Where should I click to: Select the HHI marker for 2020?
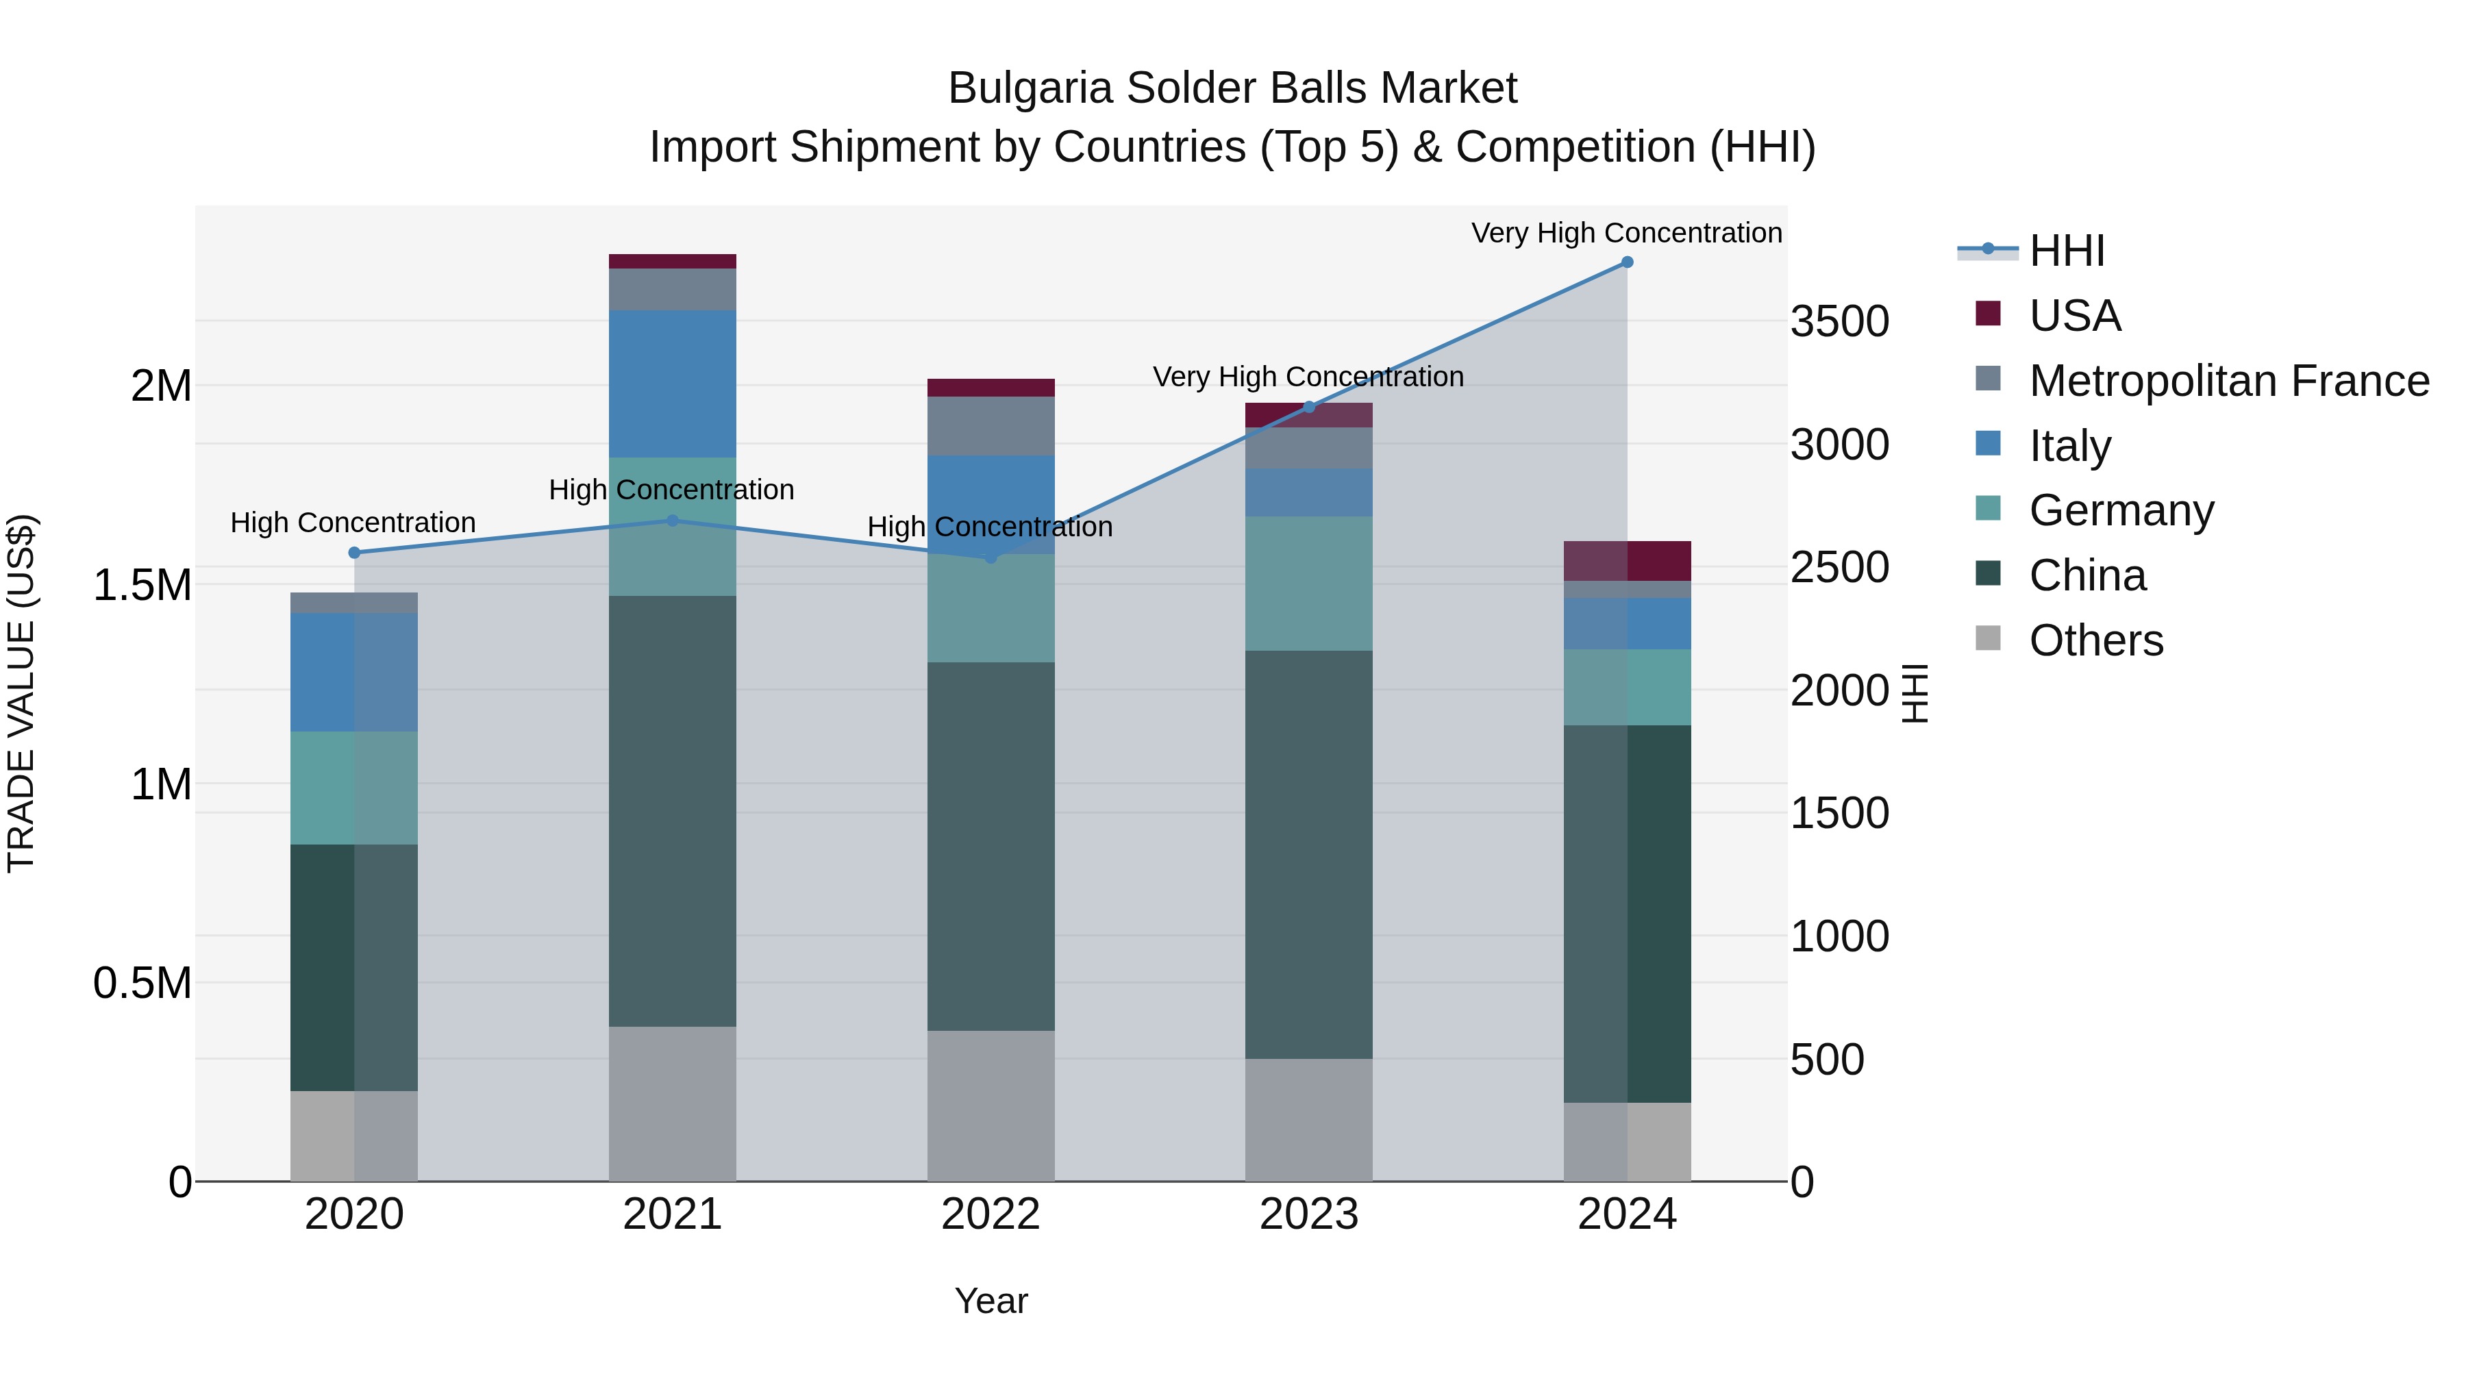tap(354, 552)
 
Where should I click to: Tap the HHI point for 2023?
tap(1308, 407)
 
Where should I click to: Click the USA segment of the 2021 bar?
tap(672, 262)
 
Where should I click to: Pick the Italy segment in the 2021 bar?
tap(672, 383)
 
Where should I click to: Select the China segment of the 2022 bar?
tap(991, 846)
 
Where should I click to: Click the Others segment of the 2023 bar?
tap(1308, 1119)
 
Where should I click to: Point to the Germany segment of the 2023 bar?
tap(1308, 584)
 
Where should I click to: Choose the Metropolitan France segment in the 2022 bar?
tap(991, 426)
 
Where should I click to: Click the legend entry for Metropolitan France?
tap(2228, 381)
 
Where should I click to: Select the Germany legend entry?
tap(2121, 510)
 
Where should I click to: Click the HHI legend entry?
tap(2066, 251)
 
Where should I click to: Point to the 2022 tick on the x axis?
tap(991, 1214)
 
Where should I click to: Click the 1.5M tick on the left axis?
tap(142, 585)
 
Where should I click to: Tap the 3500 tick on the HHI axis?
tap(1839, 322)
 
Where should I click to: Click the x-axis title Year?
tap(991, 1301)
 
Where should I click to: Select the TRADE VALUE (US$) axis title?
tap(21, 693)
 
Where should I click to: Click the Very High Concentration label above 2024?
tap(1626, 233)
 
